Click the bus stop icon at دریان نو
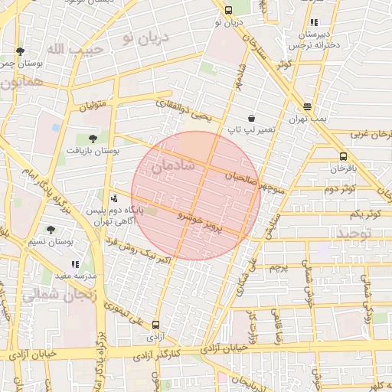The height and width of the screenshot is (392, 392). [229, 10]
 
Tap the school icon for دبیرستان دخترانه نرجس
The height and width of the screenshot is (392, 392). [315, 23]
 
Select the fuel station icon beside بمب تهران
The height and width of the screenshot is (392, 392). [308, 107]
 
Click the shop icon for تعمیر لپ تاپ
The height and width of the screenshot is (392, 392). [251, 118]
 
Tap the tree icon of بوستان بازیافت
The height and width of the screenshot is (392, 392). [93, 139]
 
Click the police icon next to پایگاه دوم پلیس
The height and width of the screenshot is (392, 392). [115, 198]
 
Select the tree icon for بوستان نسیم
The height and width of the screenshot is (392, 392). [51, 229]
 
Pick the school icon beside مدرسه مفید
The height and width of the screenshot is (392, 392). [75, 264]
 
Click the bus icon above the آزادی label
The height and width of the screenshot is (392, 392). [156, 325]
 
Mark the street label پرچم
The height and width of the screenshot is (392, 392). [278, 269]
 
